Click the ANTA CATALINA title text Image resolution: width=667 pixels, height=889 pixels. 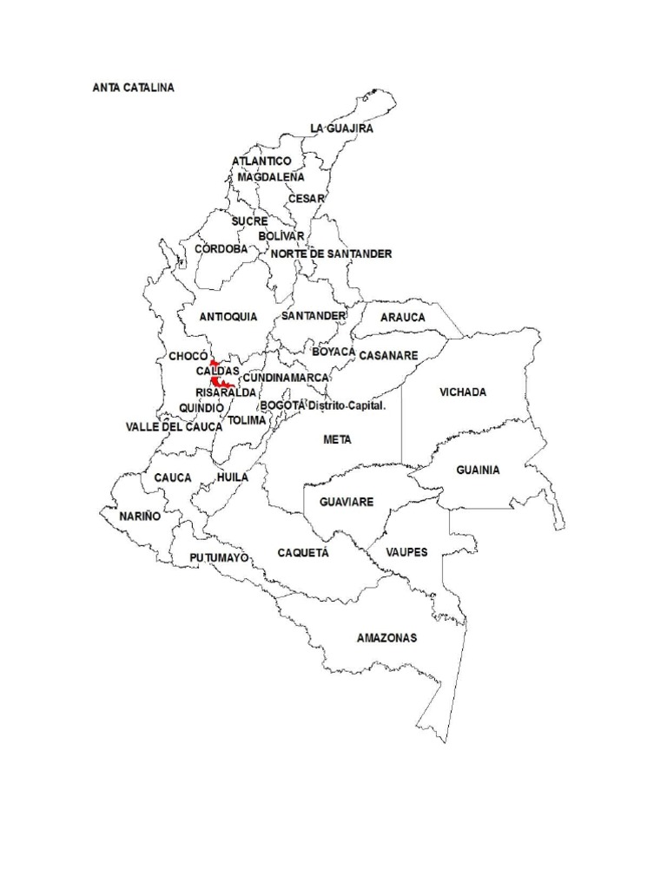coord(133,88)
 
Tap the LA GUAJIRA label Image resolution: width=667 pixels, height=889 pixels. coord(342,128)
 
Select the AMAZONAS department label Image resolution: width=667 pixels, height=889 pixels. coord(386,638)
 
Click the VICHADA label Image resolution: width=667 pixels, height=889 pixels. coord(463,392)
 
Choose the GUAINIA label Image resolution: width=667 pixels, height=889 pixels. coord(478,471)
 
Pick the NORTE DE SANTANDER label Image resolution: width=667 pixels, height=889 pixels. coord(331,254)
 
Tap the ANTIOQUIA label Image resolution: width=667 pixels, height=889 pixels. coord(228,317)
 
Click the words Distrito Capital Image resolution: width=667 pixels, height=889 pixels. coord(347,406)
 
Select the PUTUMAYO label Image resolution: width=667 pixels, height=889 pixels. coord(219,557)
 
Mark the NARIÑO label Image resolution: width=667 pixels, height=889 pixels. coord(141,516)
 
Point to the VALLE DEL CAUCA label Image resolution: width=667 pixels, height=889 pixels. coord(174,427)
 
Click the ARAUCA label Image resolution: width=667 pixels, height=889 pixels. coord(403,318)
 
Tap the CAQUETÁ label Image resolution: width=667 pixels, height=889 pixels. coord(303,553)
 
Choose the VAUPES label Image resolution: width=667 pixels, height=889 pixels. coord(406,552)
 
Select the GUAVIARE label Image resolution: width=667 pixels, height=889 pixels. coord(347,503)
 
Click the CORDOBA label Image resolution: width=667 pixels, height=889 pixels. coord(221,249)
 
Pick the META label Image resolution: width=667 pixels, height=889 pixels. coord(337,440)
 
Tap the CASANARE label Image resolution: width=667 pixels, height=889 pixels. coord(388,356)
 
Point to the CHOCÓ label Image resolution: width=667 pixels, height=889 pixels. coord(188,357)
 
